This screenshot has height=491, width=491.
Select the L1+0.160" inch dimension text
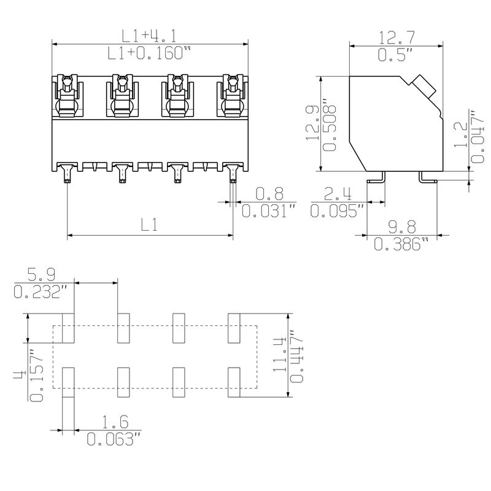point(145,54)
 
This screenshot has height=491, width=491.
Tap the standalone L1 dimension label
point(149,225)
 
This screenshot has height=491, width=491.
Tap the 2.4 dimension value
point(338,196)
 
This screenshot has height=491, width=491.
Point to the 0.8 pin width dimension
point(269,195)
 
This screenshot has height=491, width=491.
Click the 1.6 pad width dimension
point(115,422)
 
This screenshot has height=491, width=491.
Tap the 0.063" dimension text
point(114,439)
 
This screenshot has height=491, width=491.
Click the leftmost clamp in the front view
point(68,96)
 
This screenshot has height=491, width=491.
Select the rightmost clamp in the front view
point(233,96)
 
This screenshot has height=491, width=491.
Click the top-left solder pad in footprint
point(68,328)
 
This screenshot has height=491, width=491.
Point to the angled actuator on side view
point(423,86)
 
